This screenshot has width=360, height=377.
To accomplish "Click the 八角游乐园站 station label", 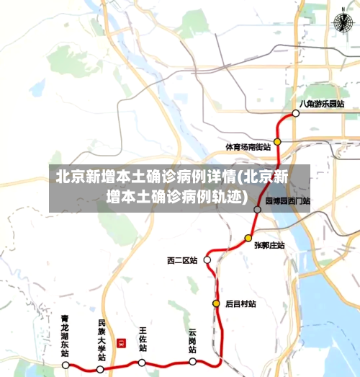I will click(322, 104).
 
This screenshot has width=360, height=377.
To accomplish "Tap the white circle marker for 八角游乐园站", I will click(295, 113).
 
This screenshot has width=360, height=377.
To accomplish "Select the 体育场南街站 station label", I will click(248, 146).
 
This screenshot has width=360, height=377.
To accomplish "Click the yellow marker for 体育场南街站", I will click(277, 142).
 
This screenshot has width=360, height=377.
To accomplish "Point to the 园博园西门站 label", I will click(287, 201).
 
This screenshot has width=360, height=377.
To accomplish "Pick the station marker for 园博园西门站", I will click(258, 209).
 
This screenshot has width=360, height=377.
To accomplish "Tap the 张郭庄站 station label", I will click(269, 245).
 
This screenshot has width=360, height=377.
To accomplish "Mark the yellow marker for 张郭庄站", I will click(248, 238).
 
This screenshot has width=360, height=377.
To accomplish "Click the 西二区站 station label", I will click(181, 260).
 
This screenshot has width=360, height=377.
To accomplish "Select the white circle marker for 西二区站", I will click(207, 260).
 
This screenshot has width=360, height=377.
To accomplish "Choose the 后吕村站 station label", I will click(240, 304).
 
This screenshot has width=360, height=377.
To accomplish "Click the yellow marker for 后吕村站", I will click(215, 303).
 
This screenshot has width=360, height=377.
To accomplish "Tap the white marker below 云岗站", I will click(193, 361).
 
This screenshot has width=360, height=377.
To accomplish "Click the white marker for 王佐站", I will click(142, 363).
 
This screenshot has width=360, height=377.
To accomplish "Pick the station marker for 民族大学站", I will click(100, 368).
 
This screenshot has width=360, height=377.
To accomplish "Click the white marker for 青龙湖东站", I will click(66, 365).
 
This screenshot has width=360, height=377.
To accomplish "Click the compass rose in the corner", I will click(339, 23).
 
